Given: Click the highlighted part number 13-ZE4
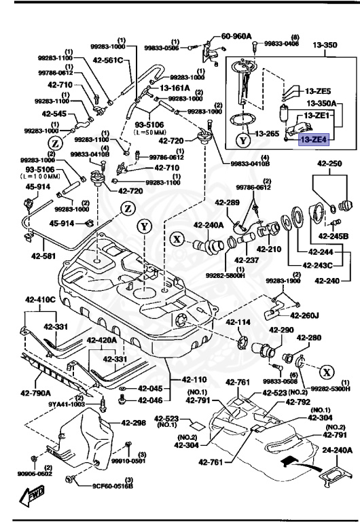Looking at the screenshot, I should point(314,139).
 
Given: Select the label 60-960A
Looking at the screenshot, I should point(236,36).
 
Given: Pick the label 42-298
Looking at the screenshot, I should point(134,422).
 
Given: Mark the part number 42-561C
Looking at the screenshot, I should point(109,60).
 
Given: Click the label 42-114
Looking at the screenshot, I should point(238,322).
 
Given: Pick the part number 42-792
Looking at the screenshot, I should point(298,402).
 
